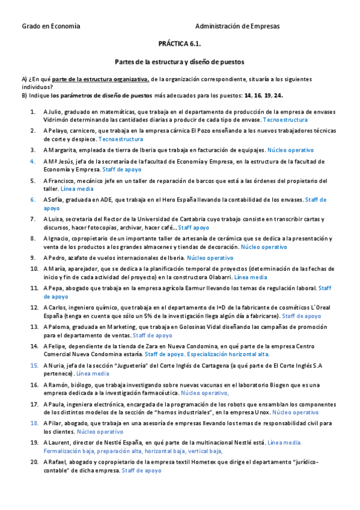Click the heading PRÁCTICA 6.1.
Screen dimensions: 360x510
click(x=180, y=44)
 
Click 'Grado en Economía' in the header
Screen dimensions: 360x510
click(x=50, y=26)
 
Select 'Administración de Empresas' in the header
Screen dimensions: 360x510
click(x=237, y=26)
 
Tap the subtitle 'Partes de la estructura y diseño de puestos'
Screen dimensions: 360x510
click(x=179, y=62)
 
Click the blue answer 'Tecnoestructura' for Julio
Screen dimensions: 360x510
click(x=285, y=120)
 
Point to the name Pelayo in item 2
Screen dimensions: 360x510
click(x=57, y=131)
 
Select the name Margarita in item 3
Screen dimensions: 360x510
click(x=62, y=150)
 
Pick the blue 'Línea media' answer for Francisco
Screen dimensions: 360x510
click(x=77, y=188)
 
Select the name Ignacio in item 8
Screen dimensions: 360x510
click(x=59, y=238)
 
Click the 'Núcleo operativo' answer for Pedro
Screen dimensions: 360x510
click(x=210, y=257)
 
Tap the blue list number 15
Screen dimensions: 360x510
click(x=34, y=365)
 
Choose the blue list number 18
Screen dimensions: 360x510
click(x=34, y=423)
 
